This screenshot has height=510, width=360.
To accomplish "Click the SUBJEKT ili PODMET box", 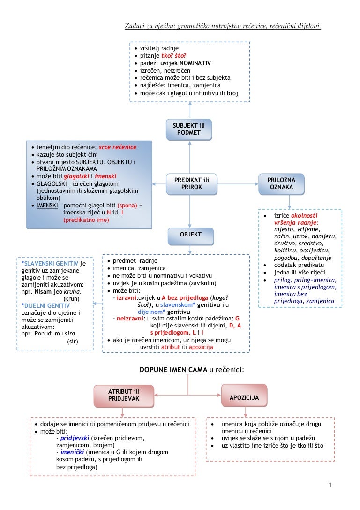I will (x=189, y=129).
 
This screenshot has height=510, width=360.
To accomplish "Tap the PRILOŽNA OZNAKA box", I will (x=281, y=183).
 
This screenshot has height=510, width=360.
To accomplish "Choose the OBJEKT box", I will (x=190, y=235).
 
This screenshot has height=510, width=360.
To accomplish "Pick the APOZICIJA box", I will (x=244, y=397).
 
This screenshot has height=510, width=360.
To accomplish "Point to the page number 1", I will (x=330, y=485).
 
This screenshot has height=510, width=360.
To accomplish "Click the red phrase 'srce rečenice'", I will (x=118, y=147).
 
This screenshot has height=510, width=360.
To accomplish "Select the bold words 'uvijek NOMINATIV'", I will (x=186, y=63).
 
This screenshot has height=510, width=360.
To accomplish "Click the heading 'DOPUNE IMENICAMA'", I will (x=173, y=370).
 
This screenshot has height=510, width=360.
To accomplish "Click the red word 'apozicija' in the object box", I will (x=201, y=347).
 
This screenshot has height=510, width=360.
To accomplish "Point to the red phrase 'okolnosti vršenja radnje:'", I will (x=296, y=219).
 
